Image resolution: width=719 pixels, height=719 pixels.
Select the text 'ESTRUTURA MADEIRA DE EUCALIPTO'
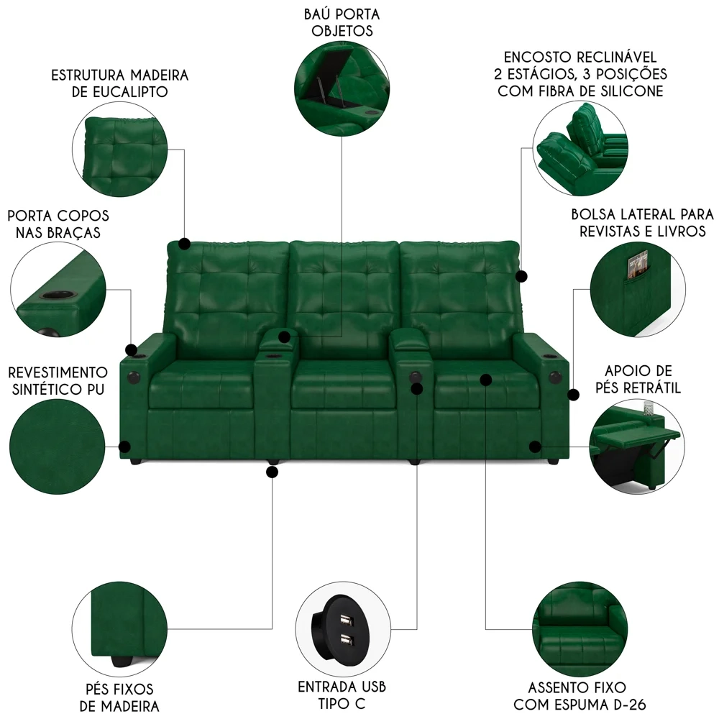[x=119, y=83]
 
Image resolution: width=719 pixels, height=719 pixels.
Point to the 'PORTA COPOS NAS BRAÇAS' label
[x=58, y=224]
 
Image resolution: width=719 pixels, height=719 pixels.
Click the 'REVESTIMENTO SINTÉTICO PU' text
[x=57, y=380]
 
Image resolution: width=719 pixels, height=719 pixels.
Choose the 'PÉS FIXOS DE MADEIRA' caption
[x=119, y=697]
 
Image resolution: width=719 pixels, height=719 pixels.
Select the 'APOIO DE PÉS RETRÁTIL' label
[x=639, y=379]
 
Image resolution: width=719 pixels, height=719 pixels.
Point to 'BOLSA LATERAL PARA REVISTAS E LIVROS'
[x=642, y=222]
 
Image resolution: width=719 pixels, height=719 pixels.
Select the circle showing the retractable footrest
[x=634, y=446]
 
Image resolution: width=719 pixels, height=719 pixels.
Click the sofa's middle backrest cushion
[x=344, y=288]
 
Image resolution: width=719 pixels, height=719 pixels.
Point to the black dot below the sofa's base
[x=272, y=472]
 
